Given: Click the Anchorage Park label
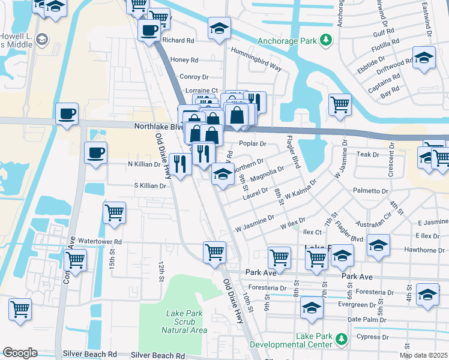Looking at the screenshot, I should tap(287, 41).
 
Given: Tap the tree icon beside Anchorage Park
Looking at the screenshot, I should tap(326, 40).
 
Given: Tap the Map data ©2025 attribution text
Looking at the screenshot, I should tap(423, 355).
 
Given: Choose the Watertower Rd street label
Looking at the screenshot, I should tap(100, 242).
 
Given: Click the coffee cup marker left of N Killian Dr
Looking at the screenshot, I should tap(95, 152).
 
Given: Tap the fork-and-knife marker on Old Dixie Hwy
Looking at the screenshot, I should tap(179, 163).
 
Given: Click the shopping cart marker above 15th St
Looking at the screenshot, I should tap(114, 212).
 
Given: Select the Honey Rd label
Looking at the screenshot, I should tap(184, 60).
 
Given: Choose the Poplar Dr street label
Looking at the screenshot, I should tap(252, 144).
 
